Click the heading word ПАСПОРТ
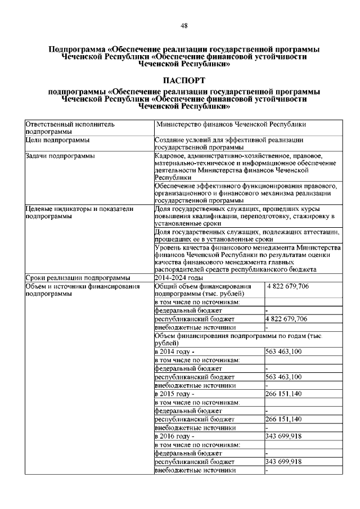(184, 81)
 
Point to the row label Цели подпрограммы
(58, 139)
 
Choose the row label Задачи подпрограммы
(60, 156)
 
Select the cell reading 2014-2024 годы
(179, 278)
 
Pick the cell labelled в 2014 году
(174, 352)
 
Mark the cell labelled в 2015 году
(174, 394)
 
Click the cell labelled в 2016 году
(174, 436)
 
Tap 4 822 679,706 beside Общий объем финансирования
(288, 286)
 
